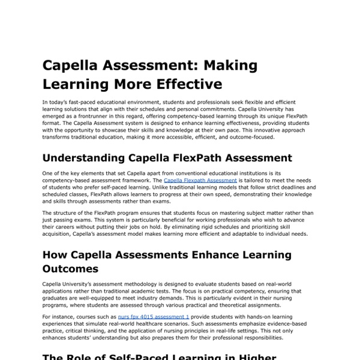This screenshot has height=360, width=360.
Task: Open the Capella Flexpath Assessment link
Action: [x=200, y=179]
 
